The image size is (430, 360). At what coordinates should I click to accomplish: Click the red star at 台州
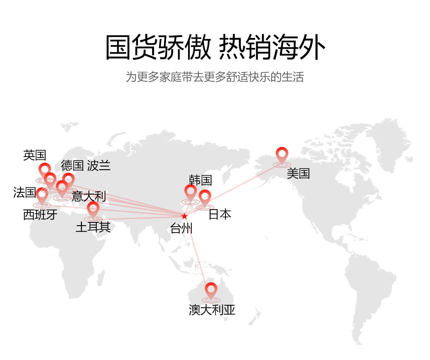(184, 216)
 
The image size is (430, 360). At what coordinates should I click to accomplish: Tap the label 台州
(181, 228)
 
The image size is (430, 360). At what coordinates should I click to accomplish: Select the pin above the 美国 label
(282, 155)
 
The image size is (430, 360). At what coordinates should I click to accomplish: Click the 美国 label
(298, 173)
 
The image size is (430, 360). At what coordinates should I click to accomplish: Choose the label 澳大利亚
(212, 310)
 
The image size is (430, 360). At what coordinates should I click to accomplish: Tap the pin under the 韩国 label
(191, 193)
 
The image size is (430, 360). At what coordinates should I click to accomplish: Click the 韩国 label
(200, 180)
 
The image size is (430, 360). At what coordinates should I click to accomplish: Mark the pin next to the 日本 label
(205, 198)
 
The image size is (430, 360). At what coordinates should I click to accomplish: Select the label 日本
(220, 214)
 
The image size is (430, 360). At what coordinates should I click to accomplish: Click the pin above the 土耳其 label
(93, 209)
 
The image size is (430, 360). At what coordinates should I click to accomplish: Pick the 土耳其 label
(93, 227)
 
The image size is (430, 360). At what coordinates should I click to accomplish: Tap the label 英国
(35, 155)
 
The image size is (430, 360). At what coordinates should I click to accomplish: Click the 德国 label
(72, 165)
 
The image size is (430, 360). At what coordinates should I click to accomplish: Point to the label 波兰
(99, 165)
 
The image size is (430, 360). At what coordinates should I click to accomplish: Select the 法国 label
(24, 192)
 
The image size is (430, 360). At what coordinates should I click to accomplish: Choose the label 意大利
(89, 196)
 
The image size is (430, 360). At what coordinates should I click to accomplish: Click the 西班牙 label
(40, 215)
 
